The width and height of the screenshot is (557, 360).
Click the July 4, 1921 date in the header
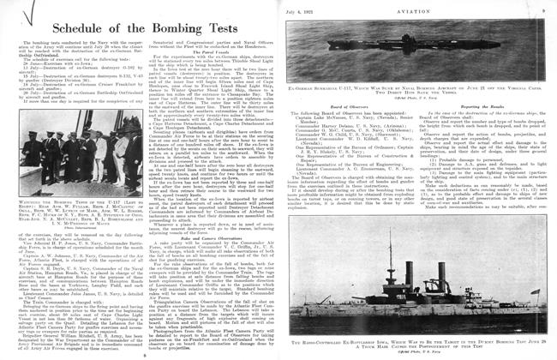click(318, 6)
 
